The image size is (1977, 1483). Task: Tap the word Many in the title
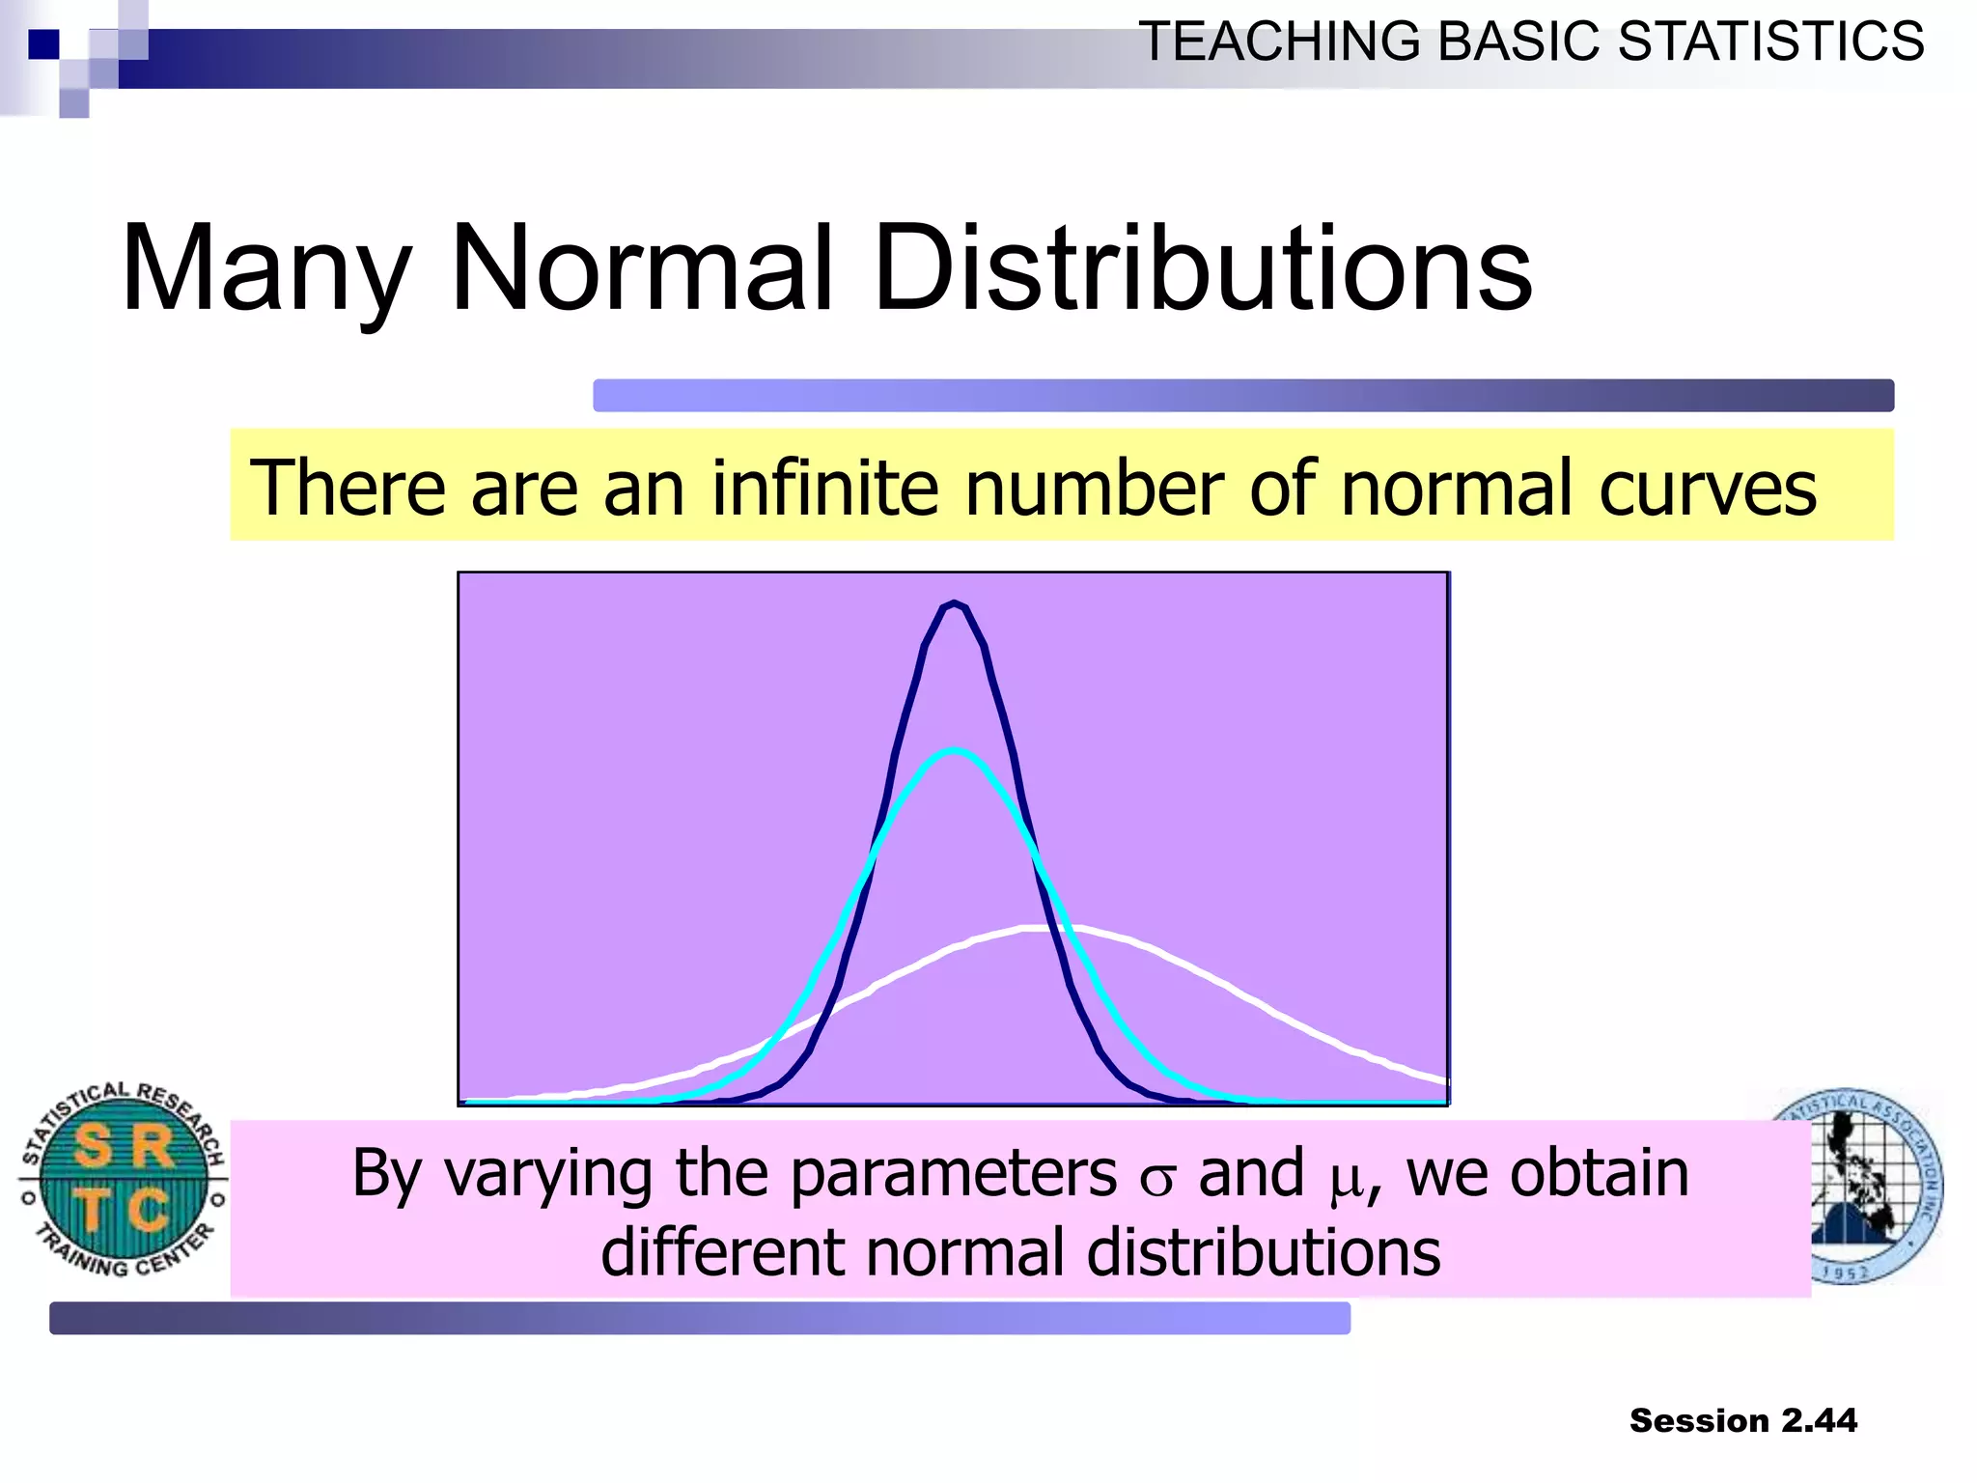click(x=266, y=270)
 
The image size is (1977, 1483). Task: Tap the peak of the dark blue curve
click(x=954, y=604)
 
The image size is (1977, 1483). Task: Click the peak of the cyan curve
click(x=954, y=751)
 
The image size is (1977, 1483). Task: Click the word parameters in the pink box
click(x=954, y=1175)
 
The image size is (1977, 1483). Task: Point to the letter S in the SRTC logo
click(x=94, y=1147)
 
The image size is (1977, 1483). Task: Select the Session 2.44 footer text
click(x=1742, y=1420)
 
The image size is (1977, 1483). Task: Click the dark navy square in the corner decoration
click(x=43, y=44)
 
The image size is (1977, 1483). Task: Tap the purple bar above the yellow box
click(x=1242, y=396)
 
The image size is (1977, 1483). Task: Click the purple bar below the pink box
click(x=699, y=1318)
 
